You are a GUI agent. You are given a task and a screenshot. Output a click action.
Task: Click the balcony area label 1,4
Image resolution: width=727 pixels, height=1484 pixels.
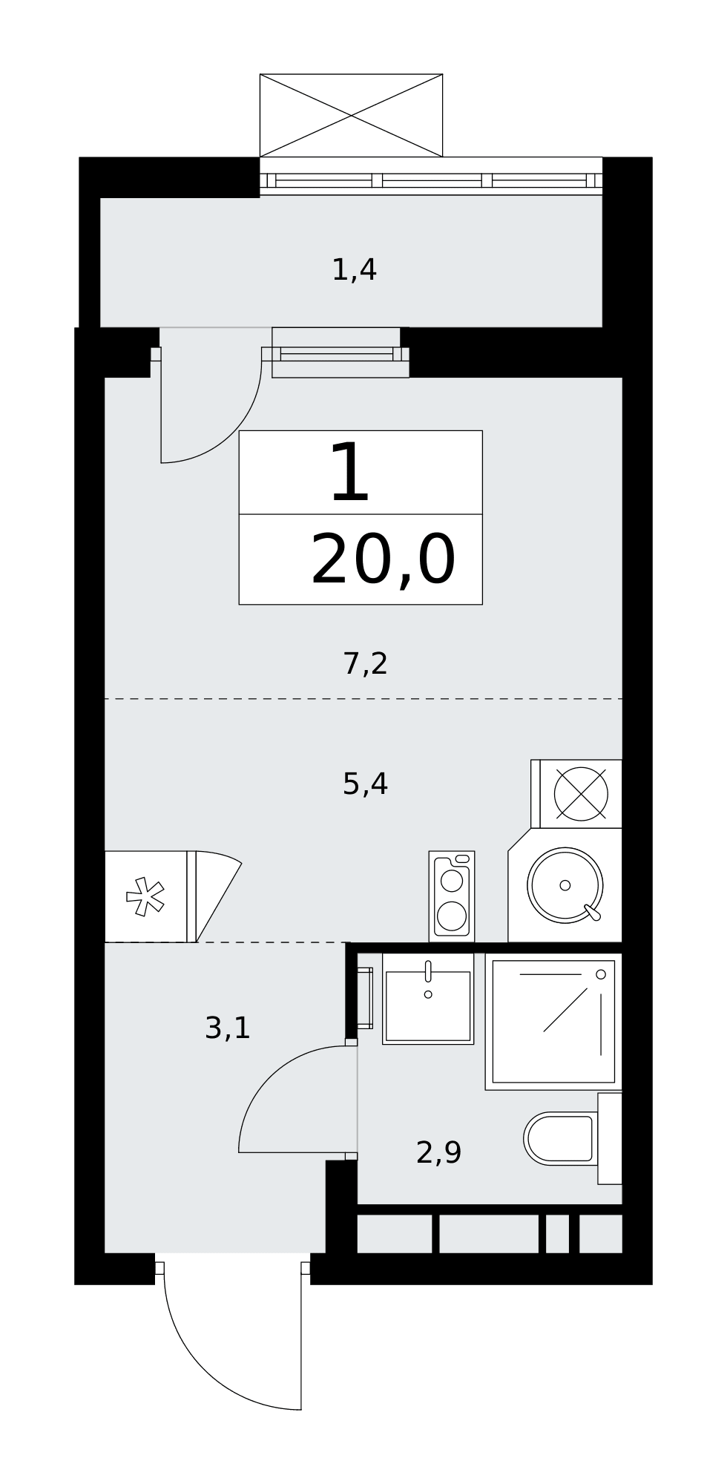[354, 270]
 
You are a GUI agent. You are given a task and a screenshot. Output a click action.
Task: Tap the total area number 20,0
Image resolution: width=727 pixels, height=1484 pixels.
[383, 561]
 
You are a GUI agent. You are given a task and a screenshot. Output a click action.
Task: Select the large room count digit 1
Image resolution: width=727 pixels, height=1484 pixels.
[350, 473]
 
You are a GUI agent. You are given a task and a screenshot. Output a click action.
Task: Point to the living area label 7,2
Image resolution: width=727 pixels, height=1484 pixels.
[365, 663]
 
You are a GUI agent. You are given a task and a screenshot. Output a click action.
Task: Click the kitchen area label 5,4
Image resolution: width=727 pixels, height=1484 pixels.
[365, 784]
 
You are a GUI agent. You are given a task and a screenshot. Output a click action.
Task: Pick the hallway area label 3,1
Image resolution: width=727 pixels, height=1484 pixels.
[228, 1028]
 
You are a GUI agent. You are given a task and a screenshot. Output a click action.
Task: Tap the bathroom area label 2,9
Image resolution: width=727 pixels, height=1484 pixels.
[438, 1152]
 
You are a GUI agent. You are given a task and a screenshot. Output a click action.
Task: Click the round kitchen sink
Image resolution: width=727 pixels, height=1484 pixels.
[565, 885]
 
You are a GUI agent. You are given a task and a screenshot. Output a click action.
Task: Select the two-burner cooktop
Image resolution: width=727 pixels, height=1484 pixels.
[452, 896]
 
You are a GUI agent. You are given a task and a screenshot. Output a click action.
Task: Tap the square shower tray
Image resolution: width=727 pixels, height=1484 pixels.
[553, 1021]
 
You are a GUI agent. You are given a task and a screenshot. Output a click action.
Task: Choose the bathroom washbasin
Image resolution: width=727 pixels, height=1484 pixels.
[428, 999]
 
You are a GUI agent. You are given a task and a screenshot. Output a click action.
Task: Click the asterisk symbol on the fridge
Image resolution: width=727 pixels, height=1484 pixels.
[145, 896]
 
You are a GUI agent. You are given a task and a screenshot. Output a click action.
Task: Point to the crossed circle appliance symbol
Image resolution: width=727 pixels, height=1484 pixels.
[581, 794]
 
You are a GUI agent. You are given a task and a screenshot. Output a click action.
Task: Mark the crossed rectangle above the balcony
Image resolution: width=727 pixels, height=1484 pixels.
[351, 115]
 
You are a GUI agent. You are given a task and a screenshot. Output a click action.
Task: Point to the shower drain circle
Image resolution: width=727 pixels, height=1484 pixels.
[601, 974]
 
